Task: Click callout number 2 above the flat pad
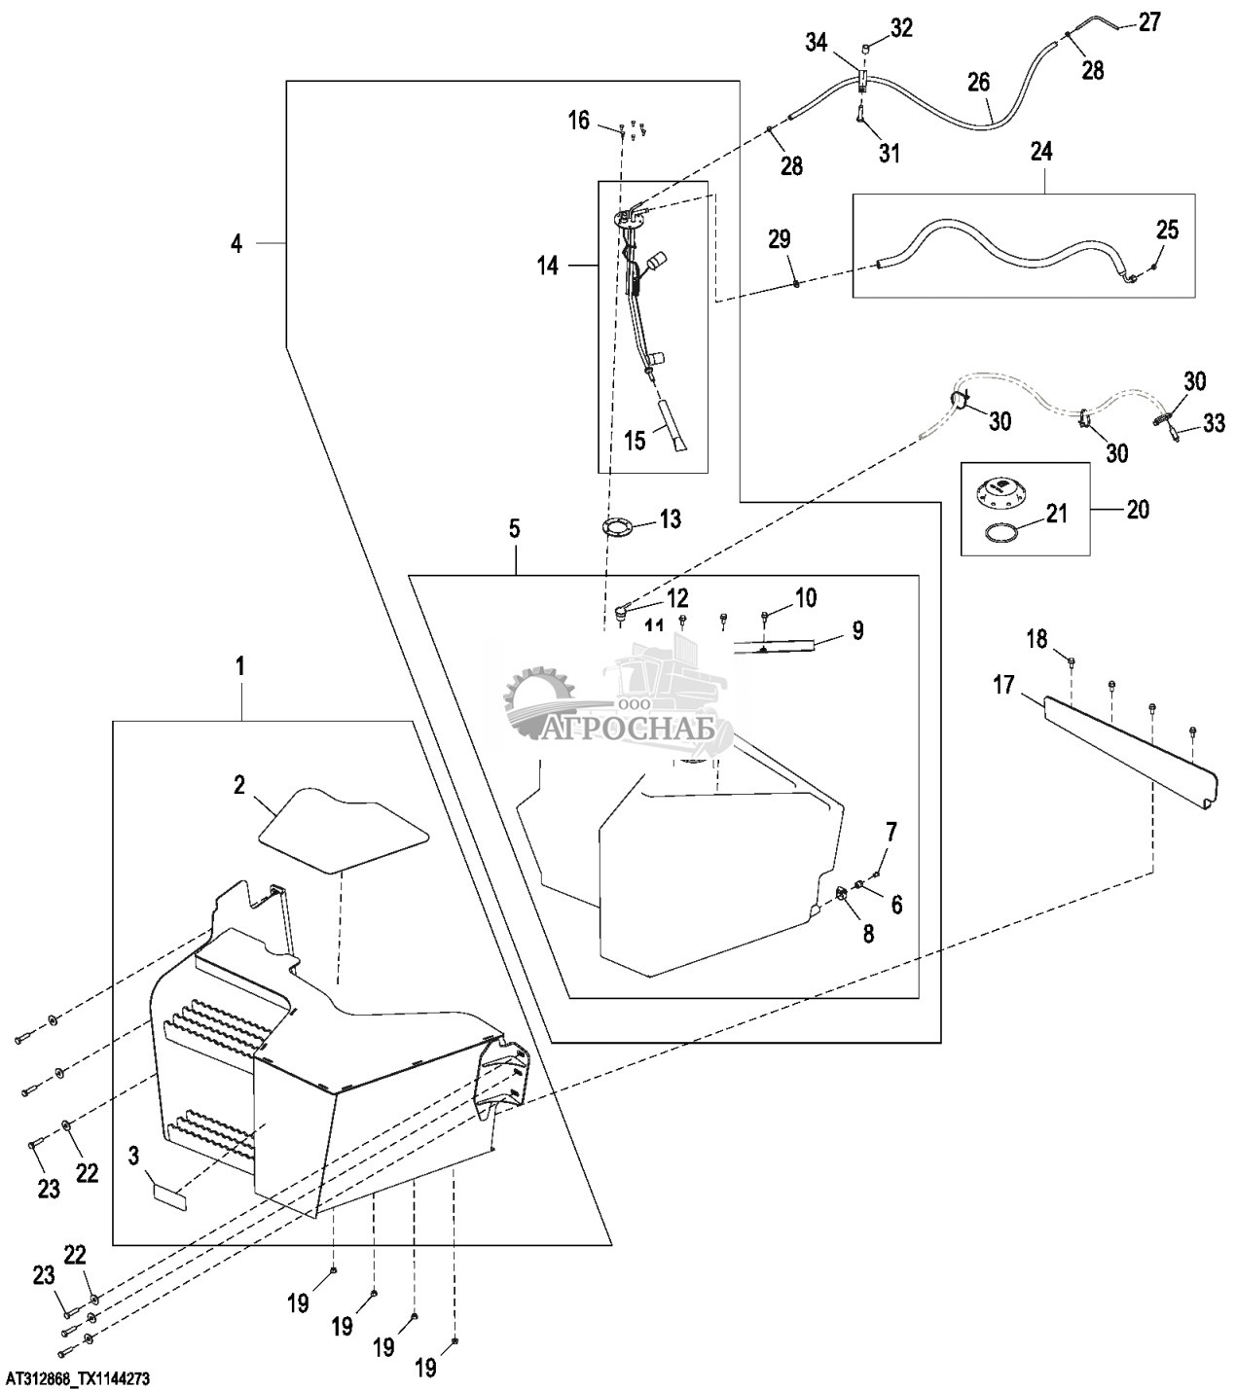[x=238, y=785]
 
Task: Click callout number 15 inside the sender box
[x=635, y=440]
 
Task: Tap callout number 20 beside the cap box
[x=1137, y=509]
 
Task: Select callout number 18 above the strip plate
[x=1037, y=638]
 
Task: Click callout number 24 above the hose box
[x=1041, y=153]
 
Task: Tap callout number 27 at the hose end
[x=1150, y=20]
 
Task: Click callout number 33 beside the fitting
[x=1214, y=422]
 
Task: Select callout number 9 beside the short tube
[x=857, y=630]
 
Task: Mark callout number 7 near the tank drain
[x=891, y=832]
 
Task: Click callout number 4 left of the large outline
[x=236, y=243]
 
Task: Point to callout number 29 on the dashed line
[x=780, y=239]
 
